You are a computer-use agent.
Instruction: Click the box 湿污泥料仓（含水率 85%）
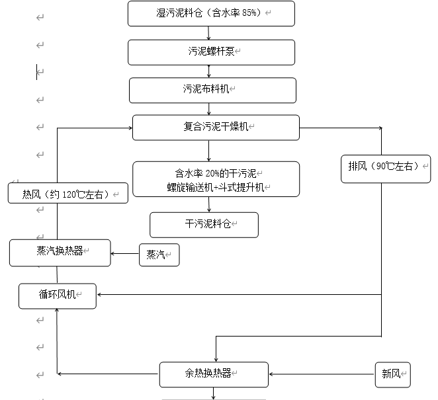click(209, 13)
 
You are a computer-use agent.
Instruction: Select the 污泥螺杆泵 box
click(211, 52)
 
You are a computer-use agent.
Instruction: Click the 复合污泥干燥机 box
click(216, 128)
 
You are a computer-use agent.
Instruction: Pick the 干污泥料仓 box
click(204, 225)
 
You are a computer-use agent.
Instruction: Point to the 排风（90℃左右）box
click(385, 169)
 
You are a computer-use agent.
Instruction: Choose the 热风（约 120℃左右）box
click(67, 192)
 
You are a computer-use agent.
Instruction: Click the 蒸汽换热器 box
click(60, 253)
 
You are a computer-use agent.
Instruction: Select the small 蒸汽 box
click(159, 255)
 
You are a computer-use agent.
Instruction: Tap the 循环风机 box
click(58, 296)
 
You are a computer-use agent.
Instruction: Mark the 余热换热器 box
click(214, 374)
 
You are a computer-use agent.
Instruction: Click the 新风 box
click(393, 374)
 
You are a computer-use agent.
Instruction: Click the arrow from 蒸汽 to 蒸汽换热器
click(125, 253)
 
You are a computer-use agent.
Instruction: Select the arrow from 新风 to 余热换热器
click(322, 374)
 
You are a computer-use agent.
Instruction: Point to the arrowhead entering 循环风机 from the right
click(101, 295)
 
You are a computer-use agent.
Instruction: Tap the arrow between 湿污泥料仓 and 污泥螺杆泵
click(209, 33)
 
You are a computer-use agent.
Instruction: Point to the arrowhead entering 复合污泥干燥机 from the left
click(128, 128)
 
